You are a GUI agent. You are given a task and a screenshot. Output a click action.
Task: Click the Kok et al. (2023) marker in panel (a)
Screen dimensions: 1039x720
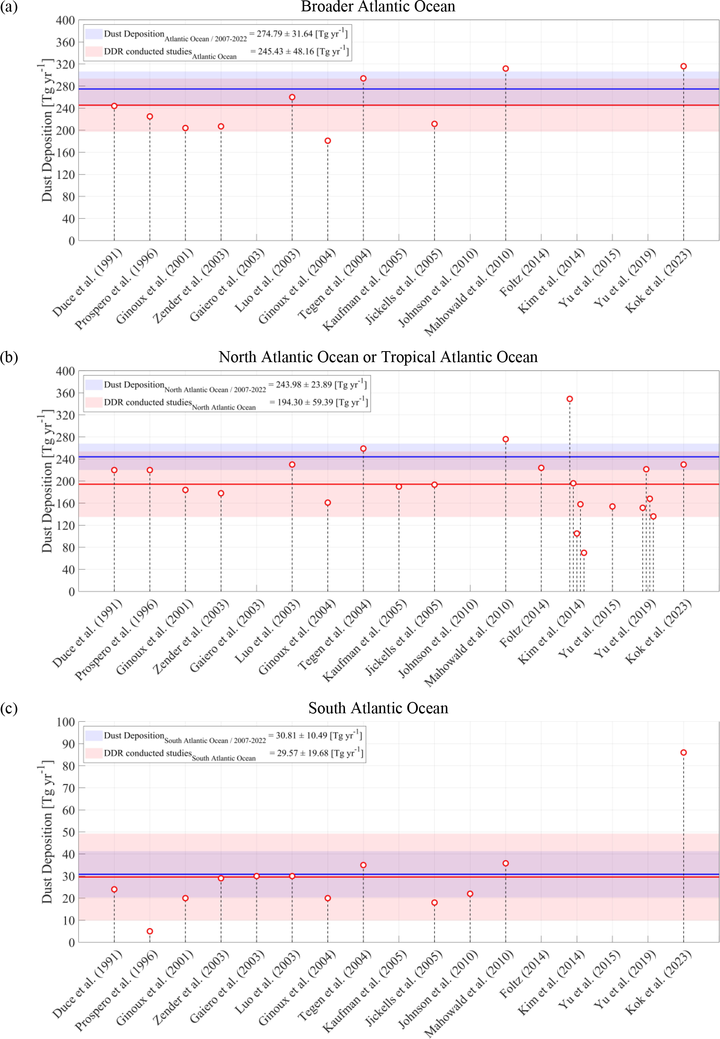coord(683,66)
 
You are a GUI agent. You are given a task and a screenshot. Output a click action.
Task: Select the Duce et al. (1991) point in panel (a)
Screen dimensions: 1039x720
coord(114,106)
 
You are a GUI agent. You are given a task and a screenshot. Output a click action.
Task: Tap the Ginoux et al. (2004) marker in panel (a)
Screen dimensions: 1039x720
coord(327,141)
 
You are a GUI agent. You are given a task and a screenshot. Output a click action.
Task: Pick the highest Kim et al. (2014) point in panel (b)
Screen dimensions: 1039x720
coord(570,399)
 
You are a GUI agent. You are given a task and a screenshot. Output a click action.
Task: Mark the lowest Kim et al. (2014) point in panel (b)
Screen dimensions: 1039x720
coord(584,553)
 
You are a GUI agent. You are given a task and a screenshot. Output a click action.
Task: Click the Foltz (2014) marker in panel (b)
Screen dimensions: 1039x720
coord(541,468)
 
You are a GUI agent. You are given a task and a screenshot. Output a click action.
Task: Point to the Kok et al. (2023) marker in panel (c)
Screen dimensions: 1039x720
coord(683,753)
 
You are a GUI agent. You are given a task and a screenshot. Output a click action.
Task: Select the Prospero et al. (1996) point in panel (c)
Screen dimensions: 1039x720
coord(150,931)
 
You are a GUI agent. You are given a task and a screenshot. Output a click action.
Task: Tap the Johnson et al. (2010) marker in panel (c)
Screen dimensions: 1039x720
coord(470,894)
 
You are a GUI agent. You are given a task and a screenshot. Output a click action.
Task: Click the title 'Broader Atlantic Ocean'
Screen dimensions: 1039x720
coord(378,7)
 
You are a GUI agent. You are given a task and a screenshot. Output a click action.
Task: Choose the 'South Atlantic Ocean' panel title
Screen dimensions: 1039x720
coord(378,709)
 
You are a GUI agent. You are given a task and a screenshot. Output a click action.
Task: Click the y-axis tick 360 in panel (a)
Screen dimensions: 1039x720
coord(65,43)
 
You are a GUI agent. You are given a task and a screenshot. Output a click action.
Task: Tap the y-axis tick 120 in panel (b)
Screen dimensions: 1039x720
coord(65,525)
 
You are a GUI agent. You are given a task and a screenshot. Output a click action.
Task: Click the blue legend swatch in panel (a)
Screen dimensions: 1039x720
coord(94,34)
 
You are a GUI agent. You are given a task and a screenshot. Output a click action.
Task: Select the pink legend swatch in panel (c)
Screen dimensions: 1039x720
coord(94,753)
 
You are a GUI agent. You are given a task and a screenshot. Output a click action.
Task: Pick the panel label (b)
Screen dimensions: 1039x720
coord(9,357)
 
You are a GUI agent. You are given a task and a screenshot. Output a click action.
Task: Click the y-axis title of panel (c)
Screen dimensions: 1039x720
coord(47,832)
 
